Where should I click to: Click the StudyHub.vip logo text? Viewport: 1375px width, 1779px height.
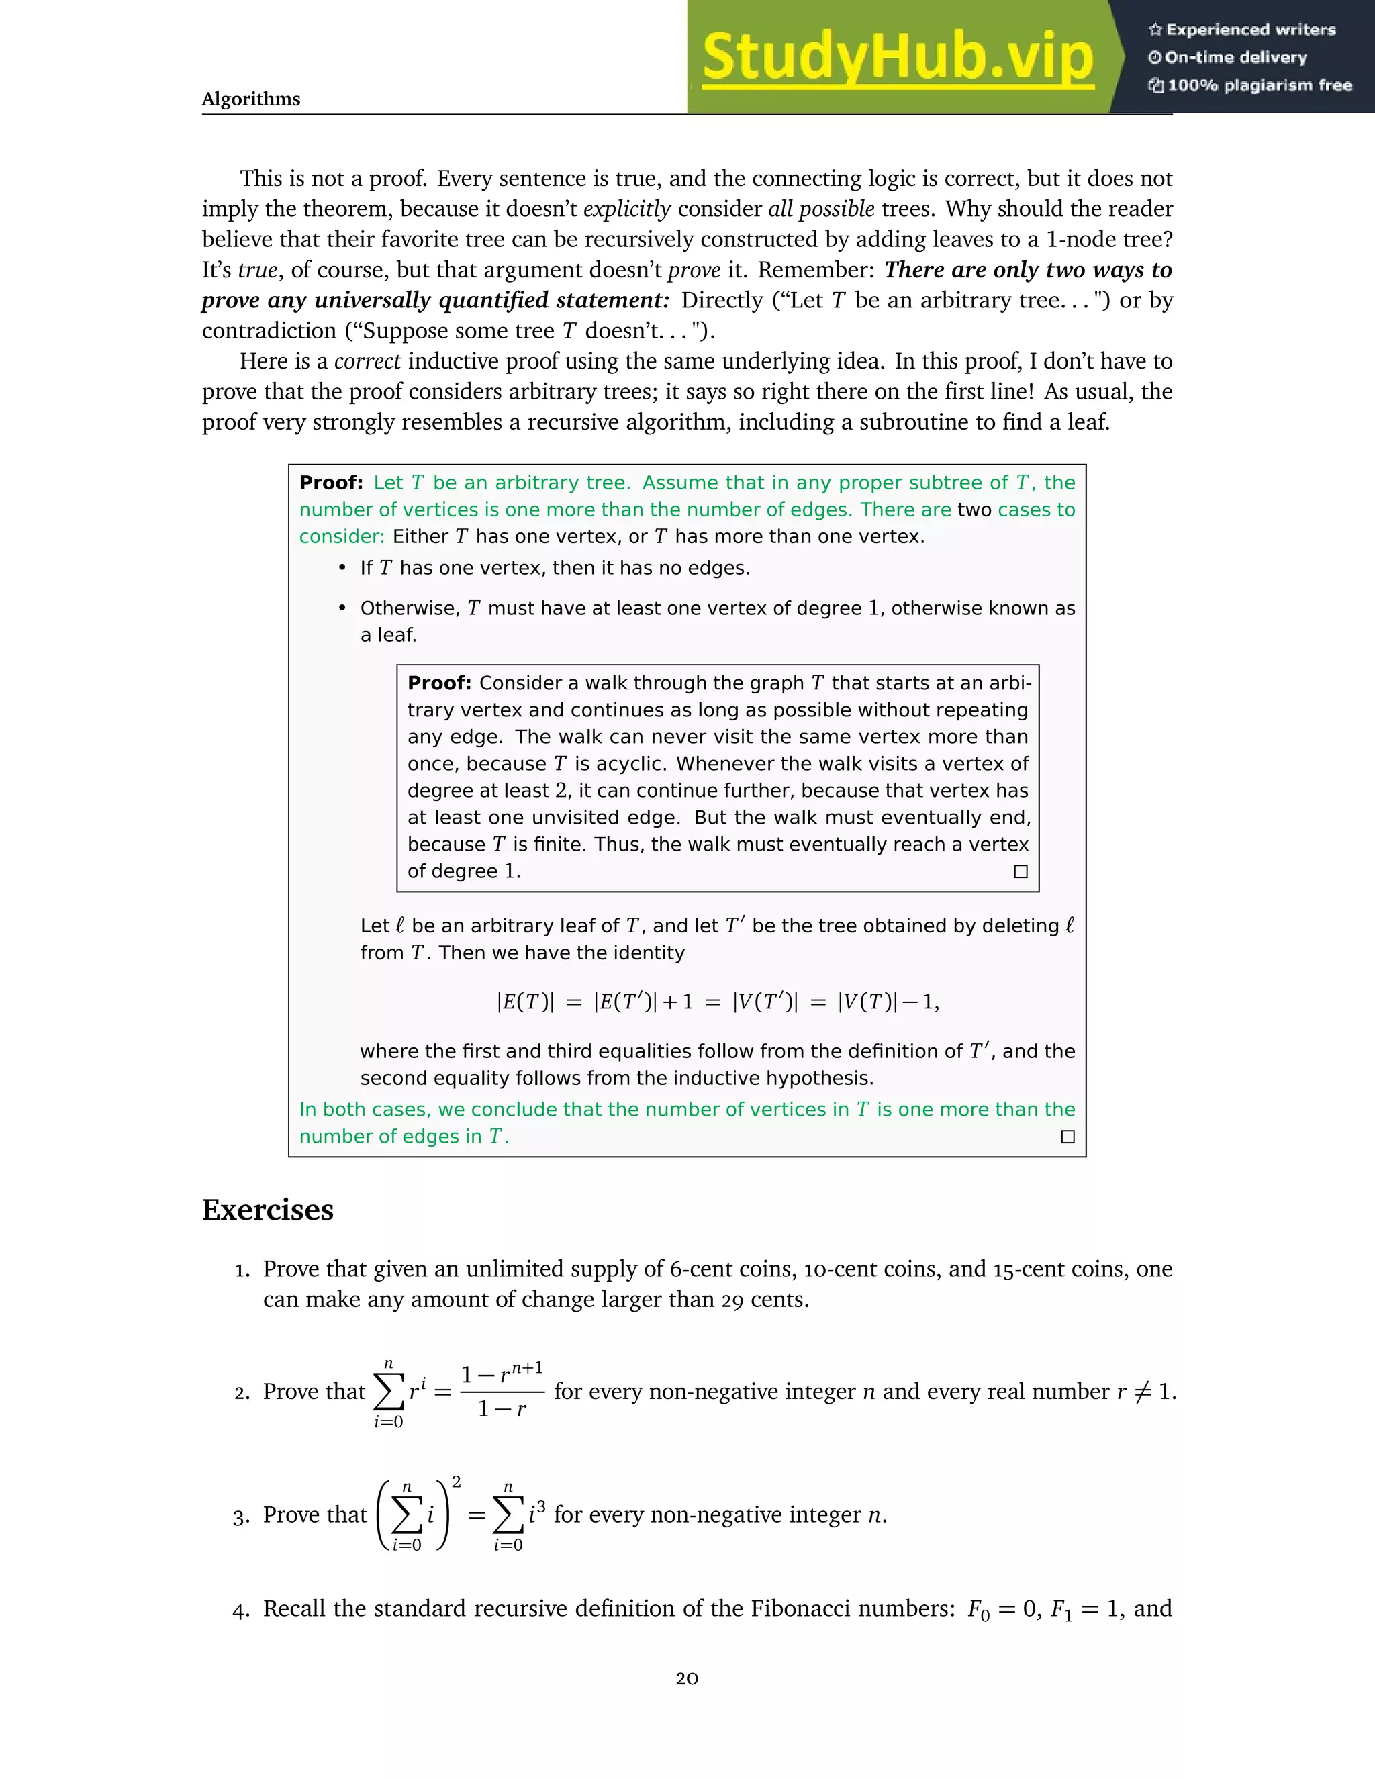[897, 57]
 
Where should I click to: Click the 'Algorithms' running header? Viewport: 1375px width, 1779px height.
[251, 99]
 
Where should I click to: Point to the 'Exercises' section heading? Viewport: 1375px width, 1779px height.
[267, 1210]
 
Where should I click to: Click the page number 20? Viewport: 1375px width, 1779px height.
[687, 1678]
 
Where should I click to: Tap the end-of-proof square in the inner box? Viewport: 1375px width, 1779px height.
[1021, 871]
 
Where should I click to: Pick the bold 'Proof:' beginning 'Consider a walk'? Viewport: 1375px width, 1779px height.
[439, 683]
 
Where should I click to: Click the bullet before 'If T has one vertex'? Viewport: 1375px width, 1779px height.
[343, 568]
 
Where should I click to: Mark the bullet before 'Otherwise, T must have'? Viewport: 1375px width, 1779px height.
[343, 608]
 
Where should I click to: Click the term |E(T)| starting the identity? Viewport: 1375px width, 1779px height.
[526, 1002]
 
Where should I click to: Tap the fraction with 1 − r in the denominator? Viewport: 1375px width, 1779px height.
[502, 1392]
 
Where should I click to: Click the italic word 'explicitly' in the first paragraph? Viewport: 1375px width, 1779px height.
[627, 209]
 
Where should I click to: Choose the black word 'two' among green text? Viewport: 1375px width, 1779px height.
[974, 510]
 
